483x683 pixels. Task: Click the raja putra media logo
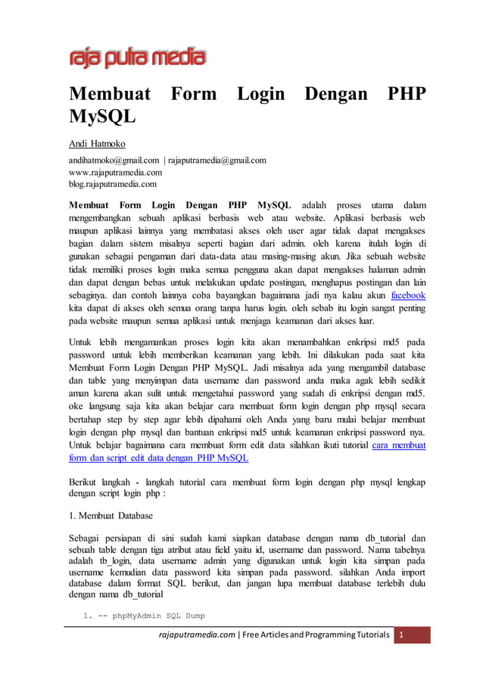137,58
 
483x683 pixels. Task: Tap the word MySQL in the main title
102,118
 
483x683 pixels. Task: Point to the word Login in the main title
260,95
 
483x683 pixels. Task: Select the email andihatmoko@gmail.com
114,160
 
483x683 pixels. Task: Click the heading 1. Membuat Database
110,515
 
